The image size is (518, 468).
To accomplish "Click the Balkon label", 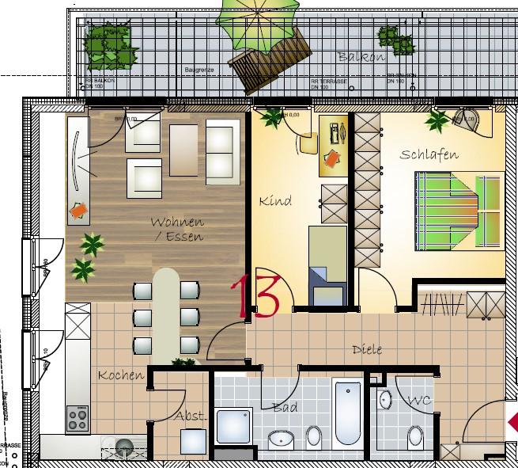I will tap(361, 56).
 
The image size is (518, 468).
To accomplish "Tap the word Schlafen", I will tap(429, 154).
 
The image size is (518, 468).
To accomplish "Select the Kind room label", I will tap(275, 201).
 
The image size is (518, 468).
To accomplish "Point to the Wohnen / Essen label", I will tap(177, 229).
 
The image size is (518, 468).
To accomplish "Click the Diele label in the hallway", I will tap(367, 349).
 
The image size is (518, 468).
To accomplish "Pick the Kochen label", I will tap(121, 375).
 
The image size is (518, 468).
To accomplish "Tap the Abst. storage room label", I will tap(191, 416).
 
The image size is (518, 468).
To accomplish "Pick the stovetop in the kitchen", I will tap(78, 417).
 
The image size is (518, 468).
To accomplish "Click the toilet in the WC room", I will tap(414, 437).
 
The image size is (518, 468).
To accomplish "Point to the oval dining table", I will tap(165, 312).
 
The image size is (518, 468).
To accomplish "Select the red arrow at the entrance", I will tap(512, 419).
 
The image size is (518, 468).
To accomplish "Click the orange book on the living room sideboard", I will tap(78, 211).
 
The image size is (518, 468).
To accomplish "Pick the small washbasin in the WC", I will tap(384, 401).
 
